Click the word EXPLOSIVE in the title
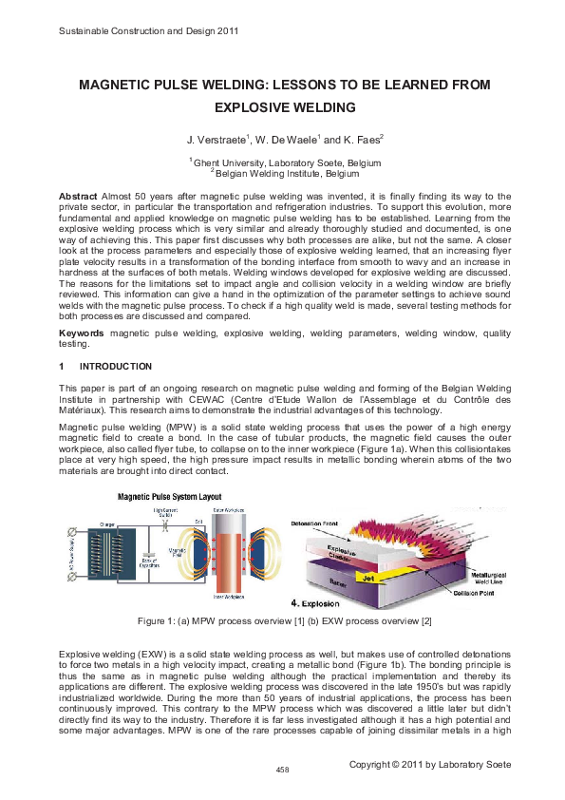coord(258,107)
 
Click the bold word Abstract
coord(77,196)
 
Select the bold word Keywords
coord(82,334)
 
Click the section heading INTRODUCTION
coord(115,366)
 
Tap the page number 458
coord(282,769)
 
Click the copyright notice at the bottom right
coord(429,764)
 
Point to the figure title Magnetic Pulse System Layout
coord(171,497)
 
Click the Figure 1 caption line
coord(282,594)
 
